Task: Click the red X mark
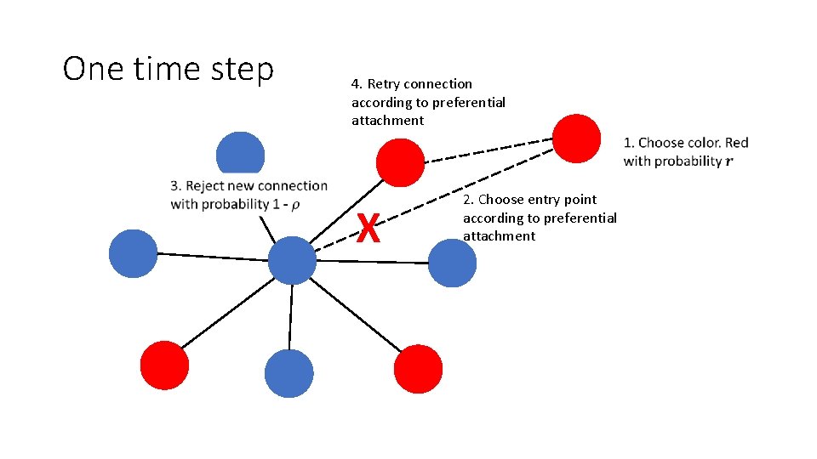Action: click(368, 228)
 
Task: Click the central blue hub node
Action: click(292, 260)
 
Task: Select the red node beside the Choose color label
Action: click(577, 138)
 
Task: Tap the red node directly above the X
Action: click(400, 161)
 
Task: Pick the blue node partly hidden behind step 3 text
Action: click(241, 154)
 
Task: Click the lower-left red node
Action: click(164, 365)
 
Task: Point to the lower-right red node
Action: click(419, 369)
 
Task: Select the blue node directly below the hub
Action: click(289, 374)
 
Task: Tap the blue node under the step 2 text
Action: click(452, 263)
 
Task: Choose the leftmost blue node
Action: click(134, 253)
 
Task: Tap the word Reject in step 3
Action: click(206, 186)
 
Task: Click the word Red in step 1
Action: click(736, 143)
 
